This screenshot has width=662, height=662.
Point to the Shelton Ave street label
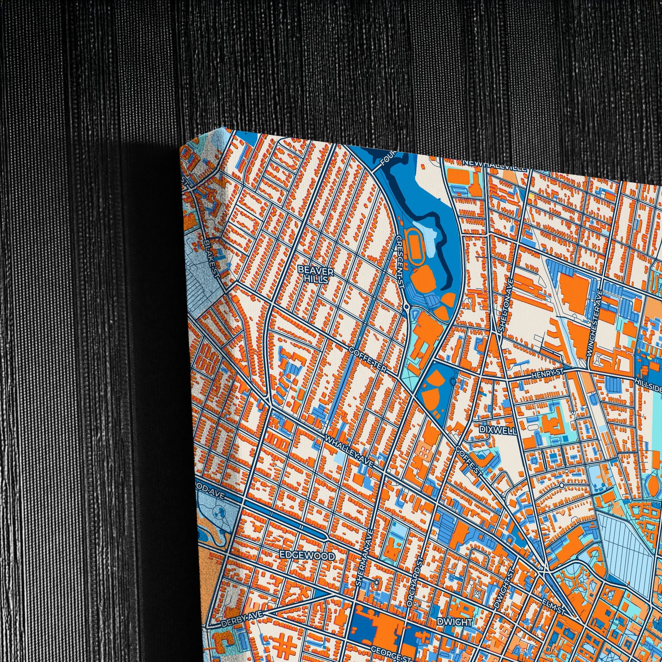pos(506,310)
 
